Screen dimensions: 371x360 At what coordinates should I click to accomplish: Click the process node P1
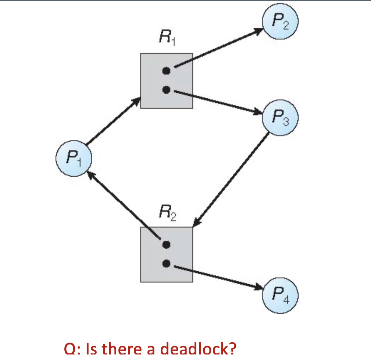73,160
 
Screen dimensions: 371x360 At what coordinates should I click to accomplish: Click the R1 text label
167,37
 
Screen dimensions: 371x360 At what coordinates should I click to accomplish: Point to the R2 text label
167,213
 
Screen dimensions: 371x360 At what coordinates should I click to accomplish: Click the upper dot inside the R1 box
167,71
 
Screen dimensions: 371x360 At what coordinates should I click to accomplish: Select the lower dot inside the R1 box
167,89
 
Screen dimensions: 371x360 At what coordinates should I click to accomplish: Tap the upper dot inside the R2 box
167,244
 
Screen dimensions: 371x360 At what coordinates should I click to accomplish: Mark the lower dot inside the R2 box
167,263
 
